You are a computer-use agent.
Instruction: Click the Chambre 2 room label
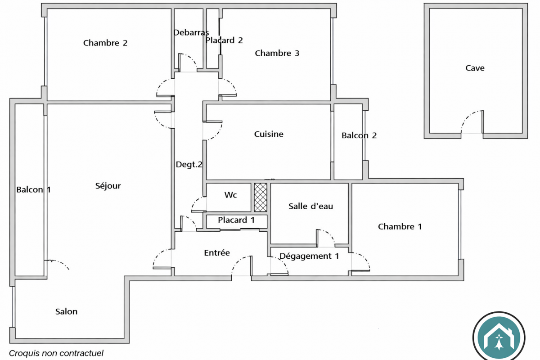[105, 43]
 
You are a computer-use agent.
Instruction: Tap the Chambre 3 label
[277, 53]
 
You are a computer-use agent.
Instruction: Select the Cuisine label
[269, 134]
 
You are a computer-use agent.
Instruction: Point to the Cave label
[475, 68]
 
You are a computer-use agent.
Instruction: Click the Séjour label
[108, 185]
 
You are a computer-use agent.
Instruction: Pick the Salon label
[67, 311]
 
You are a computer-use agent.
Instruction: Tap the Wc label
[230, 195]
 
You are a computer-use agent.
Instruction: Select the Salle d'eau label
[310, 206]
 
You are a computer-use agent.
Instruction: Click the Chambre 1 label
[400, 226]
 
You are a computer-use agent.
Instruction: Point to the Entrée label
[217, 253]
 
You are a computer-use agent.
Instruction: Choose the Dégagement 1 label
[309, 256]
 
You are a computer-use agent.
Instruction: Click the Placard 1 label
[236, 220]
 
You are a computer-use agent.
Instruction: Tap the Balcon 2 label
[359, 135]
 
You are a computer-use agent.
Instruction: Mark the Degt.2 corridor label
[189, 165]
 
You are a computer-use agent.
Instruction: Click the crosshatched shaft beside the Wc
[260, 197]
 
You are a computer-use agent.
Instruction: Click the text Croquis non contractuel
[56, 353]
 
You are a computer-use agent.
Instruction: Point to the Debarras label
[191, 32]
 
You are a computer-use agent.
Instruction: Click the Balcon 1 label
[33, 189]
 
